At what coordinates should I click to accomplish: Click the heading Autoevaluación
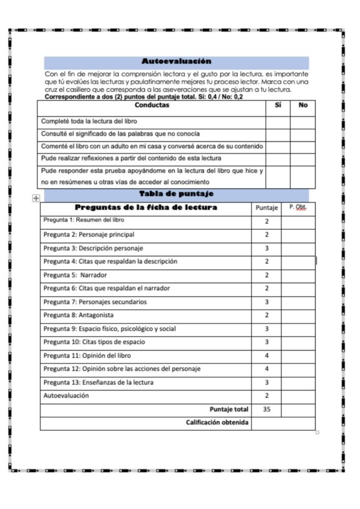tap(176, 61)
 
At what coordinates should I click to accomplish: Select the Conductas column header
tap(152, 105)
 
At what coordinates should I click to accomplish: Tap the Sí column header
tap(278, 105)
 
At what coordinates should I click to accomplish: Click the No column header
tap(303, 105)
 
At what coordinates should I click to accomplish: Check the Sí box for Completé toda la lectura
tap(278, 121)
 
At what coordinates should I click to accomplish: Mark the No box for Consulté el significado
tap(303, 134)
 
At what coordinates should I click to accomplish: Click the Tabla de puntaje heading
tap(176, 194)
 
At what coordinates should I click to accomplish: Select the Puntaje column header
tap(266, 208)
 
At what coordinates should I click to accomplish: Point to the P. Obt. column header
tap(298, 207)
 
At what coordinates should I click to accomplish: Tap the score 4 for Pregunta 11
tap(266, 356)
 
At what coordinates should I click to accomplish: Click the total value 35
tap(266, 409)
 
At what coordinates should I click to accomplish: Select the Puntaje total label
tap(229, 409)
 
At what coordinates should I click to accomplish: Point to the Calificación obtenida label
tap(217, 423)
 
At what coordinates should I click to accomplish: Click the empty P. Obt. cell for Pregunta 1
tap(298, 221)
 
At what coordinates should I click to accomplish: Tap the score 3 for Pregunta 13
tap(266, 382)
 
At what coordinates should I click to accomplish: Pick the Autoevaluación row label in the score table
tap(66, 396)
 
